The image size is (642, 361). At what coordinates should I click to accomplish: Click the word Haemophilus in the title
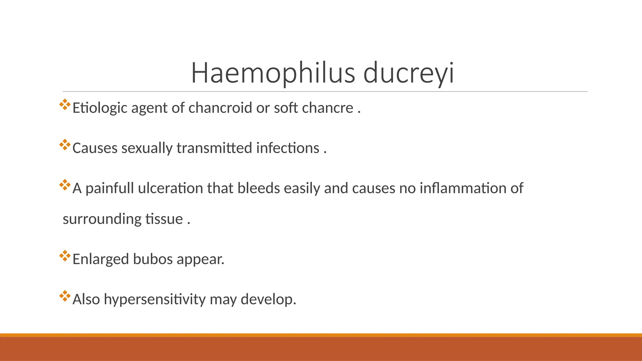273,73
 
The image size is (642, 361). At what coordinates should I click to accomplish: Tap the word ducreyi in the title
408,73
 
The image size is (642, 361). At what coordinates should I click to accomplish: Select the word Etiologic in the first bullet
100,108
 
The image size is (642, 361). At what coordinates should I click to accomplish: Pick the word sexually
147,148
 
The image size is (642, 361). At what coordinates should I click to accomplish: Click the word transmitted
214,148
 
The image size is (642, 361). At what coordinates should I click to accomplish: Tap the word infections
287,148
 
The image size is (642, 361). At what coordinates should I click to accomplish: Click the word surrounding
102,219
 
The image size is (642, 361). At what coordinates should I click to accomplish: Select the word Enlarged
101,259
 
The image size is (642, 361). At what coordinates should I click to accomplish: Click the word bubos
153,259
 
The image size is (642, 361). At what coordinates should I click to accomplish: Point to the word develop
268,299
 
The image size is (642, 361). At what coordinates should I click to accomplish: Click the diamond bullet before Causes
65,145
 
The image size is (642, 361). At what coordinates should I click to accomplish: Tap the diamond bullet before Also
65,296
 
